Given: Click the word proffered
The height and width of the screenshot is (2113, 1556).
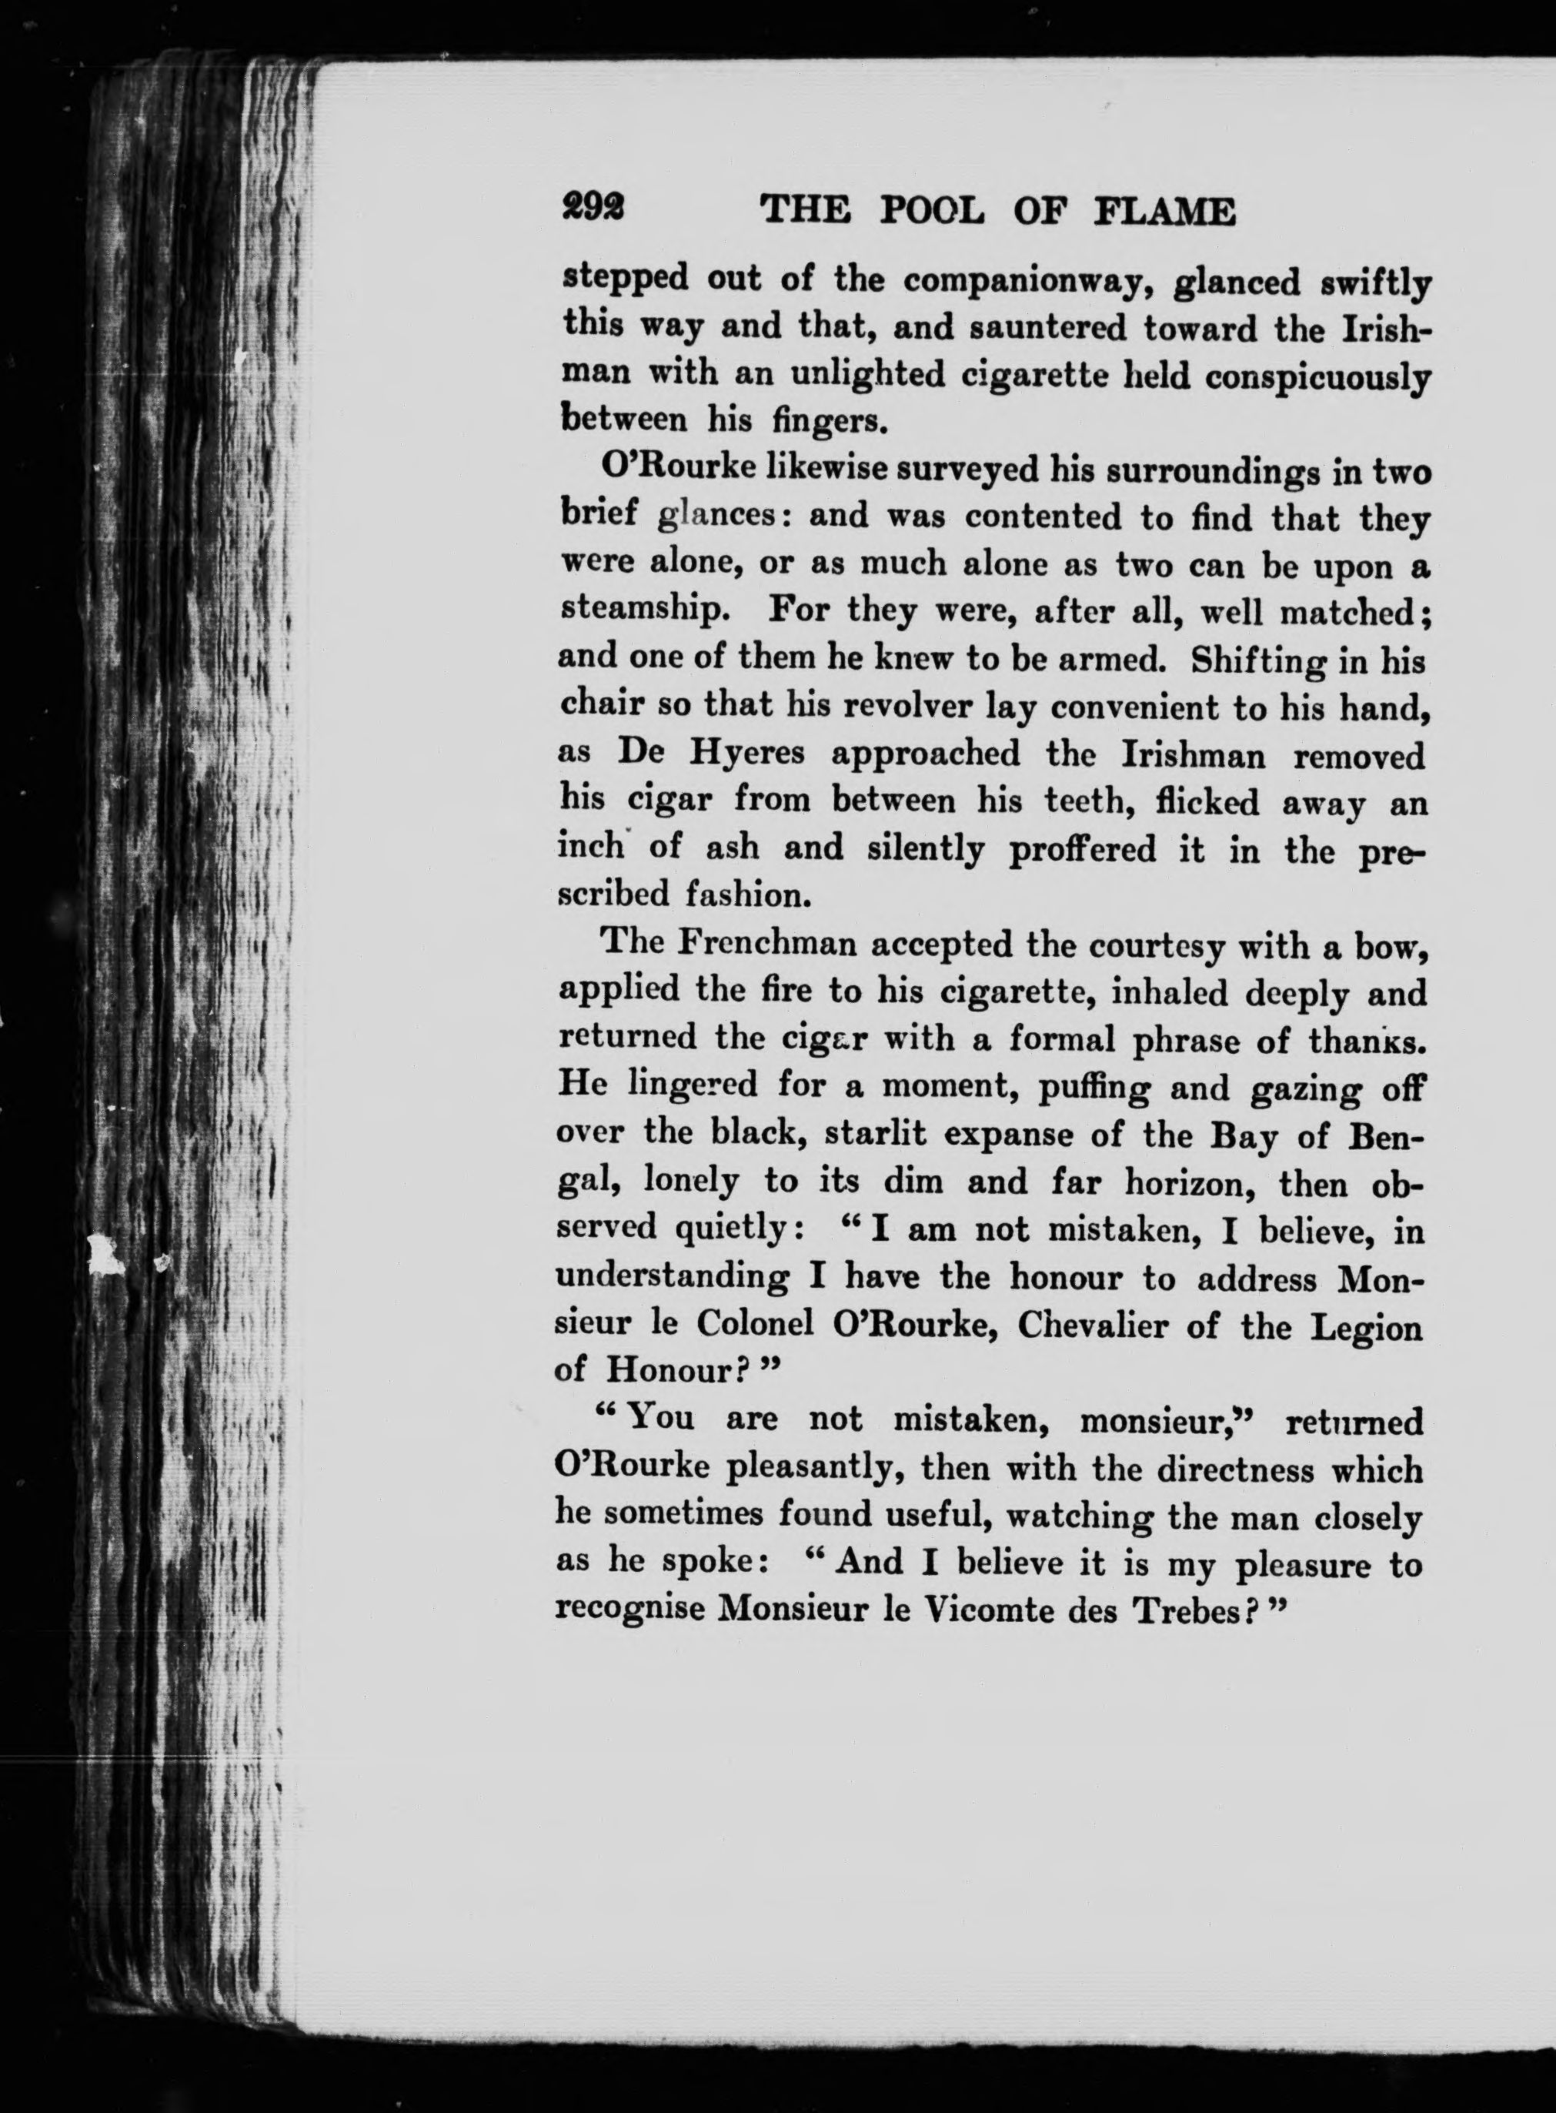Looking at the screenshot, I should [x=1081, y=851].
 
